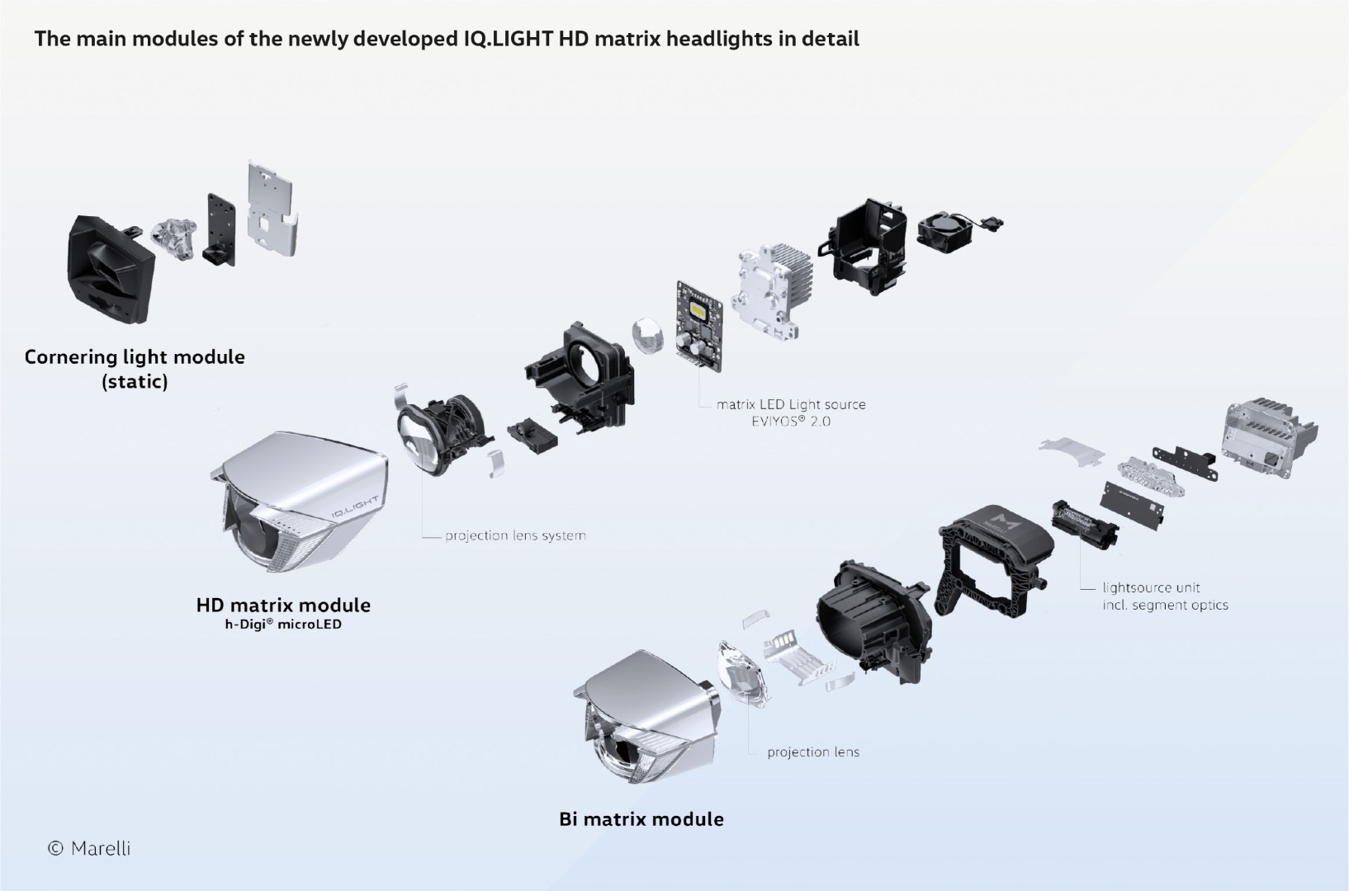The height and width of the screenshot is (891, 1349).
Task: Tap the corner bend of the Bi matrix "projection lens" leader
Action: (x=749, y=753)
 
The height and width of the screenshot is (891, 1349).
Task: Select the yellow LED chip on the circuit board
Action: (x=700, y=312)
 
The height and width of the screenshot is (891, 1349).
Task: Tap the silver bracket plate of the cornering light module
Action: (x=272, y=210)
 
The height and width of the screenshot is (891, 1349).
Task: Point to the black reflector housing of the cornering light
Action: (x=110, y=269)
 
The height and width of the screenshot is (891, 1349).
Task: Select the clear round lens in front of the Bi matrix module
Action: (x=744, y=673)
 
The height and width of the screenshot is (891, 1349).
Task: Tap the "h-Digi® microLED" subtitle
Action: (x=283, y=625)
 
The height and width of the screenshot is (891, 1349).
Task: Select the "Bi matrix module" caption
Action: (x=641, y=819)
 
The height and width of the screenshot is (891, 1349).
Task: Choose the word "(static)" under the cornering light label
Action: (x=135, y=382)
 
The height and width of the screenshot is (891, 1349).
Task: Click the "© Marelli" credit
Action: (x=89, y=848)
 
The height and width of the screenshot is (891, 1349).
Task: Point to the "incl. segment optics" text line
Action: (x=1166, y=606)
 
